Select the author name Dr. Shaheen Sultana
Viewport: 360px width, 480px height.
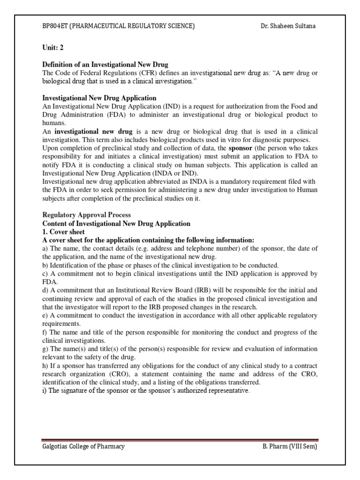click(x=288, y=26)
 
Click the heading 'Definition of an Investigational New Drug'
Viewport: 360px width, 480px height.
click(x=105, y=64)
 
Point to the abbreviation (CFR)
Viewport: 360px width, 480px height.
click(x=137, y=73)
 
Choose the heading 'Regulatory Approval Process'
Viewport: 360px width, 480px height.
click(x=87, y=215)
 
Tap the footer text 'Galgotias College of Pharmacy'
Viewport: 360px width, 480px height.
click(x=83, y=447)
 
